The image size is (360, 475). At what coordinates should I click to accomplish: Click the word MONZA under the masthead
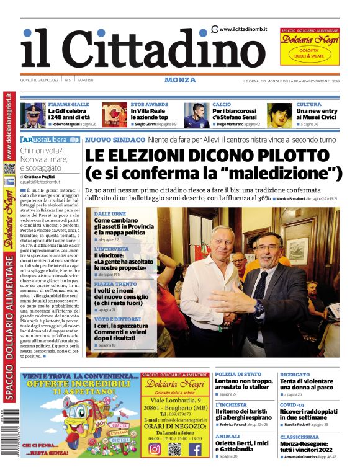180,80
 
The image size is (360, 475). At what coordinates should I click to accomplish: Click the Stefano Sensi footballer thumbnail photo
197,115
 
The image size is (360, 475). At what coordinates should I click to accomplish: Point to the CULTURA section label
308,104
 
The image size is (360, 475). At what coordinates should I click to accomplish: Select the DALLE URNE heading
109,213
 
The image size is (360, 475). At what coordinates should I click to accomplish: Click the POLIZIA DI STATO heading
238,374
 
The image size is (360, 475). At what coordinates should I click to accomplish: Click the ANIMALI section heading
228,436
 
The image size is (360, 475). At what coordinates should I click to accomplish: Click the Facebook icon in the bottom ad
194,450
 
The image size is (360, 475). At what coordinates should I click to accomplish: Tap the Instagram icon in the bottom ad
155,450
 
